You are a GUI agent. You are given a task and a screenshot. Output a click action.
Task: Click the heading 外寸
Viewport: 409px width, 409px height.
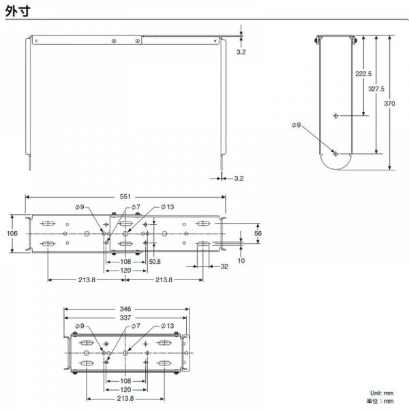coord(18,11)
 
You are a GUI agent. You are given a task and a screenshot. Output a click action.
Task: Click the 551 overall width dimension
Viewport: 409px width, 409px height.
coord(125,196)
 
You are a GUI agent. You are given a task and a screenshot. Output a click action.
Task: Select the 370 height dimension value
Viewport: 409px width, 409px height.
coord(389,104)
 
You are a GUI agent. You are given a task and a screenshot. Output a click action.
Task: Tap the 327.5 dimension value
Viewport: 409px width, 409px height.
coord(376,89)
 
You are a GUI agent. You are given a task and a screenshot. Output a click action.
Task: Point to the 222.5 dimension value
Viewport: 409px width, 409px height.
coord(363,74)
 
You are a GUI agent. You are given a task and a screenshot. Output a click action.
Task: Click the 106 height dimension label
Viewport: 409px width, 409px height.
coord(12,233)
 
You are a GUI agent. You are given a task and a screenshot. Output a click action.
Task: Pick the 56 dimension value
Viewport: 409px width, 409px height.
coord(258,233)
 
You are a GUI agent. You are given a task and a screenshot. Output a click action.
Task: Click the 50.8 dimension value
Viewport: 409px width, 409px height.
coord(155,261)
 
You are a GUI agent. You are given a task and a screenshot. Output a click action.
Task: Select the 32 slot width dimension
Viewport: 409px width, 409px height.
coord(224,267)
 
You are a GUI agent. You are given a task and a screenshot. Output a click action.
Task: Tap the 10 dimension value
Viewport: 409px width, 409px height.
coord(241,260)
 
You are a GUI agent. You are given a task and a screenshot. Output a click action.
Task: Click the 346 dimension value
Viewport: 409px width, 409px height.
coord(125,309)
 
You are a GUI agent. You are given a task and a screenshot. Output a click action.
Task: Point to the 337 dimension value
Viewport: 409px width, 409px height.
coord(125,318)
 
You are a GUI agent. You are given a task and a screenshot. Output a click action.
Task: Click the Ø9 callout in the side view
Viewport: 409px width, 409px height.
coord(297,125)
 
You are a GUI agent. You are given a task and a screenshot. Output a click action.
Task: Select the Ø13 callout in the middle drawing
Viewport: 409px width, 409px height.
coord(168,207)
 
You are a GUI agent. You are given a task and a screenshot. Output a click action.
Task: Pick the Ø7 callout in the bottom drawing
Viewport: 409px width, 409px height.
coord(136,326)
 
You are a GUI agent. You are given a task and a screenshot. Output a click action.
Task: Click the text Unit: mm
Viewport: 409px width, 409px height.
coord(382,393)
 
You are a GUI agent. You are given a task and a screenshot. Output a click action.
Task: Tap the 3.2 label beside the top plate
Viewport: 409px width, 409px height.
coord(241,52)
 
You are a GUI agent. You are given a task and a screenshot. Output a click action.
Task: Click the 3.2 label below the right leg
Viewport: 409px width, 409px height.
coord(239,179)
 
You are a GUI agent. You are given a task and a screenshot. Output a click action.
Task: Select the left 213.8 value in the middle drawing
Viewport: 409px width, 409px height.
coord(87,280)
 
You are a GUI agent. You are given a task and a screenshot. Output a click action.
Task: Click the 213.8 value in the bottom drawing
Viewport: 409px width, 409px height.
coord(125,399)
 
